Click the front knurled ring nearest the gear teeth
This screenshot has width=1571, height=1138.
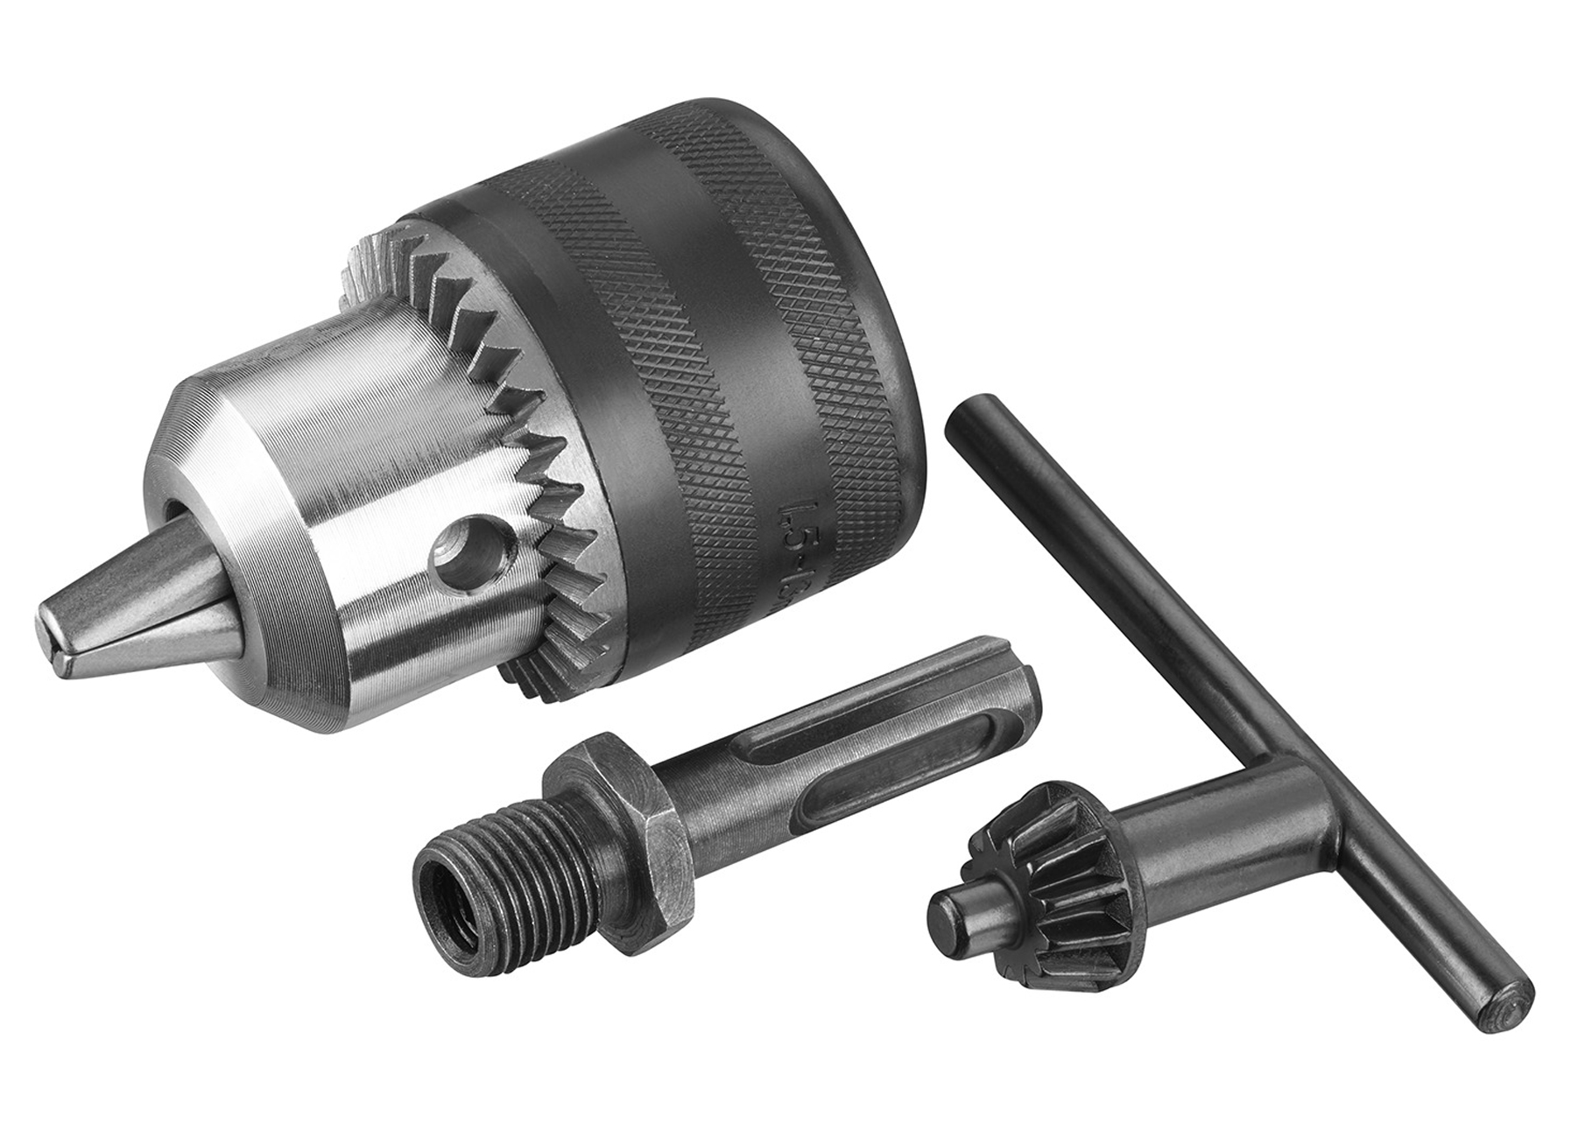coord(604,368)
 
